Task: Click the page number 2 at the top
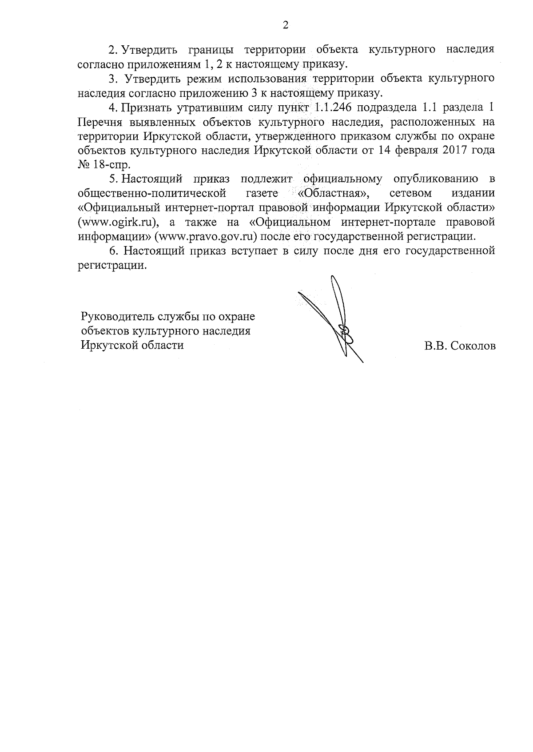click(286, 25)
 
